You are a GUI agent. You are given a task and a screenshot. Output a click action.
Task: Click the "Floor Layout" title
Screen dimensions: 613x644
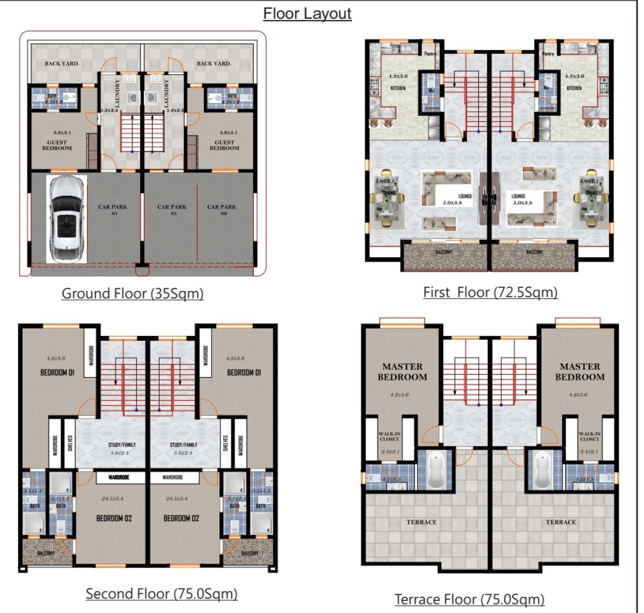pyautogui.click(x=307, y=13)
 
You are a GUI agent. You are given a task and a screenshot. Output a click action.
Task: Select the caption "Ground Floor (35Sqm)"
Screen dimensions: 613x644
pyautogui.click(x=133, y=294)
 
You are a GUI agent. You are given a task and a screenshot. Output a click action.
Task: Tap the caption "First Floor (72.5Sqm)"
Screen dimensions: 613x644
pyautogui.click(x=490, y=293)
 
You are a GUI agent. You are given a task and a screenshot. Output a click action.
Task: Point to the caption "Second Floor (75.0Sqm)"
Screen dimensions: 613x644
pyautogui.click(x=162, y=594)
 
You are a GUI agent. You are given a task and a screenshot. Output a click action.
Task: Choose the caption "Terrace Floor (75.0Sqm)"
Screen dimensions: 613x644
pyautogui.click(x=469, y=599)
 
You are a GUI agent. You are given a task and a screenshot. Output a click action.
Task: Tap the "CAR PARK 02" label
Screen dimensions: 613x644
pyautogui.click(x=222, y=210)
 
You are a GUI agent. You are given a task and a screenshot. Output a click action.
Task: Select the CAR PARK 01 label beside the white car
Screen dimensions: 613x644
pyautogui.click(x=112, y=210)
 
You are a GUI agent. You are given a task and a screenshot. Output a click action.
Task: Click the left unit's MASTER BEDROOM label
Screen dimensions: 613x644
pyautogui.click(x=402, y=371)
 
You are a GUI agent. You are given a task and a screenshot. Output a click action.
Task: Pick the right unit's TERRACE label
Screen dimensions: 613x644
pyautogui.click(x=560, y=522)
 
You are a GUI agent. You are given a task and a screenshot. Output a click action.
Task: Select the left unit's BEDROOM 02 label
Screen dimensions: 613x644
pyautogui.click(x=114, y=518)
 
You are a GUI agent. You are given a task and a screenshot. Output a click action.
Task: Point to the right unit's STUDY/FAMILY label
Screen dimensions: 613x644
pyautogui.click(x=184, y=445)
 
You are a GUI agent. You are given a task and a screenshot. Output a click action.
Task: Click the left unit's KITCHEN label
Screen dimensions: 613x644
pyautogui.click(x=398, y=88)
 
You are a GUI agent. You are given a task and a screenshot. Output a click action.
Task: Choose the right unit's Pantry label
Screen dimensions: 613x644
pyautogui.click(x=548, y=54)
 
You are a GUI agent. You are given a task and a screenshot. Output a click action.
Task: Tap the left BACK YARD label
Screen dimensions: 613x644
pyautogui.click(x=62, y=63)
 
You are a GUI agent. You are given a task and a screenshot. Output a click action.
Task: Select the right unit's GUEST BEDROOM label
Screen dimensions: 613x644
pyautogui.click(x=224, y=145)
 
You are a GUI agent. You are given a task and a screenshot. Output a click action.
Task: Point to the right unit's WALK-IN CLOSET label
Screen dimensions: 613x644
pyautogui.click(x=589, y=436)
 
